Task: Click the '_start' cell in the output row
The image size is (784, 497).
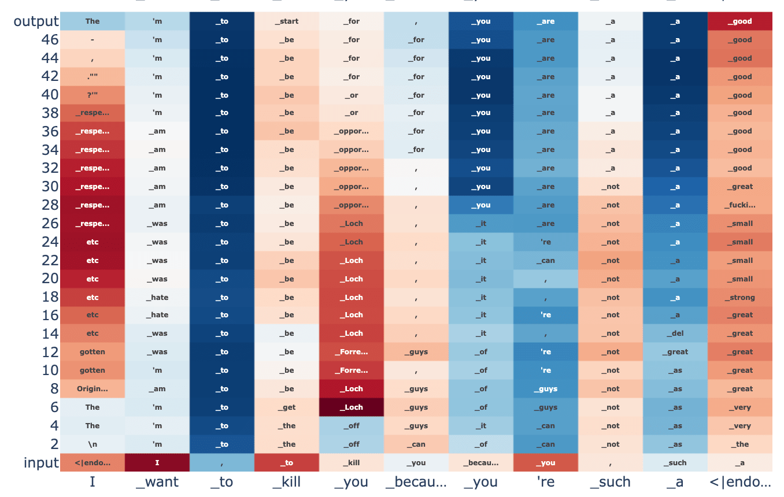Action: coord(287,21)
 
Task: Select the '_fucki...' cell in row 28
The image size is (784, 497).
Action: coord(739,205)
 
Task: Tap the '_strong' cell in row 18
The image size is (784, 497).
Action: coord(739,298)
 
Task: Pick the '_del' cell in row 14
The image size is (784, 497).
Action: coord(675,333)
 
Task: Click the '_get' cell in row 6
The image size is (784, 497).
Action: coord(287,407)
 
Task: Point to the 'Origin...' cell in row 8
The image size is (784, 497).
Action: coord(93,389)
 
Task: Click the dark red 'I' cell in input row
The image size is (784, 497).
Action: coord(157,463)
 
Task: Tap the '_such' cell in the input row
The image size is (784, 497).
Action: coord(675,463)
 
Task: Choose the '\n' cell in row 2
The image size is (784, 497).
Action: coord(93,444)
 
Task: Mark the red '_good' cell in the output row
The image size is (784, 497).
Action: coord(739,21)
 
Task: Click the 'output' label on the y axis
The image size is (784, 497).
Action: coord(36,21)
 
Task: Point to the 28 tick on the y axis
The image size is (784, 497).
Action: coord(50,205)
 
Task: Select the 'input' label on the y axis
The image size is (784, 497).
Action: coord(41,463)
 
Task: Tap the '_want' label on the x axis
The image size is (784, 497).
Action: coord(157,482)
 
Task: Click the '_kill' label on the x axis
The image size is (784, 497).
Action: coord(287,482)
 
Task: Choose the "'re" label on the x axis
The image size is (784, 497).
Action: coord(546,482)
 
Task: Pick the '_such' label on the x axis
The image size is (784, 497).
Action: coord(611,482)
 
